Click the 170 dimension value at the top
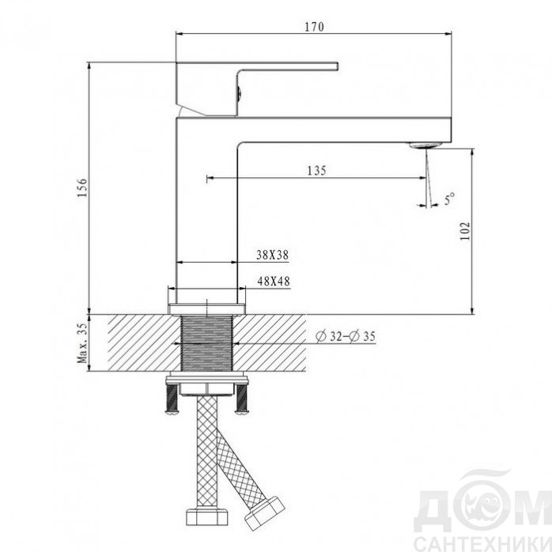click(314, 27)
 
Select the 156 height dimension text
click(82, 187)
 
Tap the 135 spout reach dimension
click(317, 170)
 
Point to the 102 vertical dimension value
click(465, 231)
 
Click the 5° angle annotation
click(449, 198)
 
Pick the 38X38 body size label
click(273, 255)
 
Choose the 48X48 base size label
click(274, 281)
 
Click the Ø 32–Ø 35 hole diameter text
click(346, 337)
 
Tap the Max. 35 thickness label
click(82, 343)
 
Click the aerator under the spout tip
click(425, 145)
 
